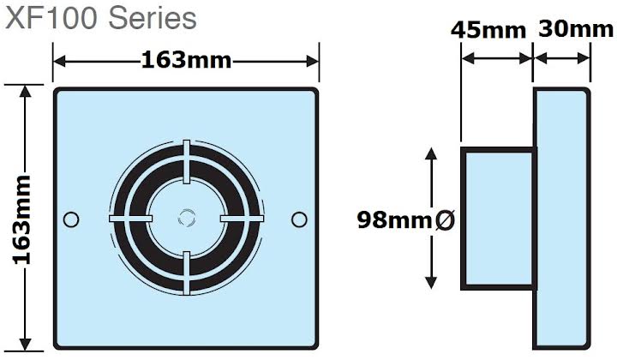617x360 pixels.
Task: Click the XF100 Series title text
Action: point(101,18)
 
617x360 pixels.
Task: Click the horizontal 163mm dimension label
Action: point(186,62)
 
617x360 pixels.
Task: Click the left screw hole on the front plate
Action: point(72,219)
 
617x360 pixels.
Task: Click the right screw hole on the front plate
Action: point(298,219)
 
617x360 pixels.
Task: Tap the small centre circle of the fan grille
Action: point(185,219)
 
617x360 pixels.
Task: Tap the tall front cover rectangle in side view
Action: point(563,218)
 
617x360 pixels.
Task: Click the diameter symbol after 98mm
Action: point(446,220)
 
